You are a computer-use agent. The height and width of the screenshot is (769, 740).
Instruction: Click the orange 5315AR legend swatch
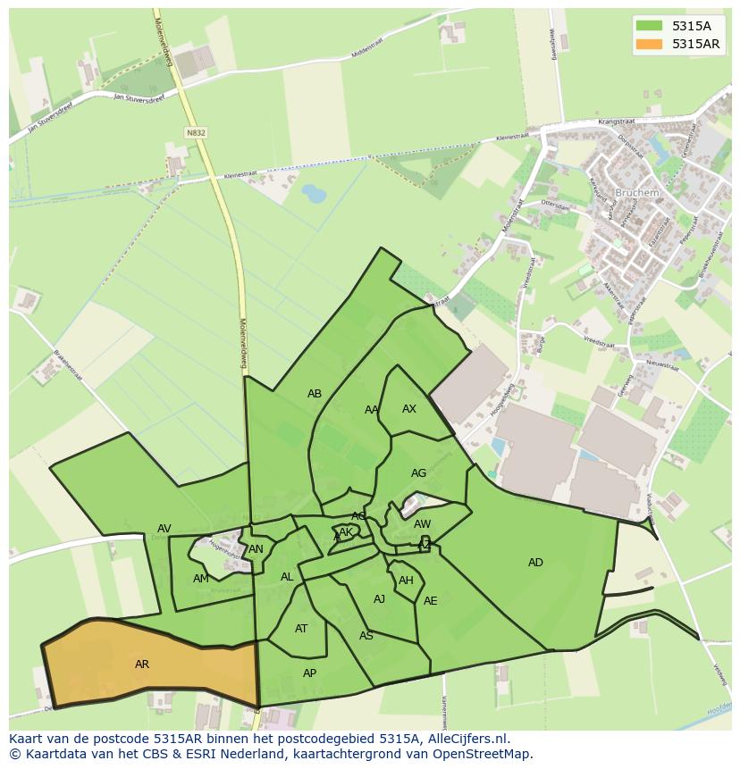[650, 44]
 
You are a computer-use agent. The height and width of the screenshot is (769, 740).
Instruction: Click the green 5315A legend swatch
[650, 26]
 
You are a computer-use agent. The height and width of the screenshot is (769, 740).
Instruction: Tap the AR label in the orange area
[142, 664]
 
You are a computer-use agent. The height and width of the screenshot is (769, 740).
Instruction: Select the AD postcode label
[535, 562]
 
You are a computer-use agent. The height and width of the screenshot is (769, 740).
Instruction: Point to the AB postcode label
[315, 393]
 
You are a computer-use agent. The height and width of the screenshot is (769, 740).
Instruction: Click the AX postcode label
[409, 409]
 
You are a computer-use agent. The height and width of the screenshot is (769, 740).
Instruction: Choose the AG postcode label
[418, 472]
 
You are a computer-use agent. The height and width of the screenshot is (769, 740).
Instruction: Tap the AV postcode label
[164, 528]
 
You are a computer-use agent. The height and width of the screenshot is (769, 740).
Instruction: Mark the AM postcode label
[200, 578]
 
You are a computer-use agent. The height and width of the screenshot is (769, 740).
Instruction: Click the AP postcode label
[309, 673]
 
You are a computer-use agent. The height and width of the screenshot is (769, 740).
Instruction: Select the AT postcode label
[301, 628]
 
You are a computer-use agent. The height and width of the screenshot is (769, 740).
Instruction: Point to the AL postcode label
[287, 576]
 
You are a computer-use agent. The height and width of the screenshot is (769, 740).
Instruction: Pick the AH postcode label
[406, 580]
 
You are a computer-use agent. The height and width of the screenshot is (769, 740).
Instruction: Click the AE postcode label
[431, 600]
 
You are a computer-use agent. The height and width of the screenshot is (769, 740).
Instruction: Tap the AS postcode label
[366, 635]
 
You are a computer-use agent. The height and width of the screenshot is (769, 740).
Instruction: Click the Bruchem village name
[636, 192]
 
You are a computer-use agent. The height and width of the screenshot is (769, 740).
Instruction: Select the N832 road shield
[196, 132]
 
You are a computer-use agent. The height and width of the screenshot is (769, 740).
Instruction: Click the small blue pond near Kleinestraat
[314, 192]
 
